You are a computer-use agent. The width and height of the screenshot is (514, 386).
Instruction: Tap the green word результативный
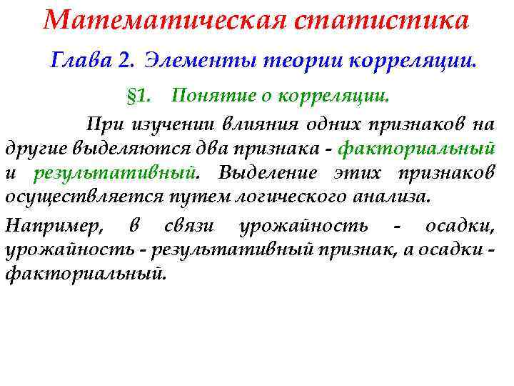[115, 174]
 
